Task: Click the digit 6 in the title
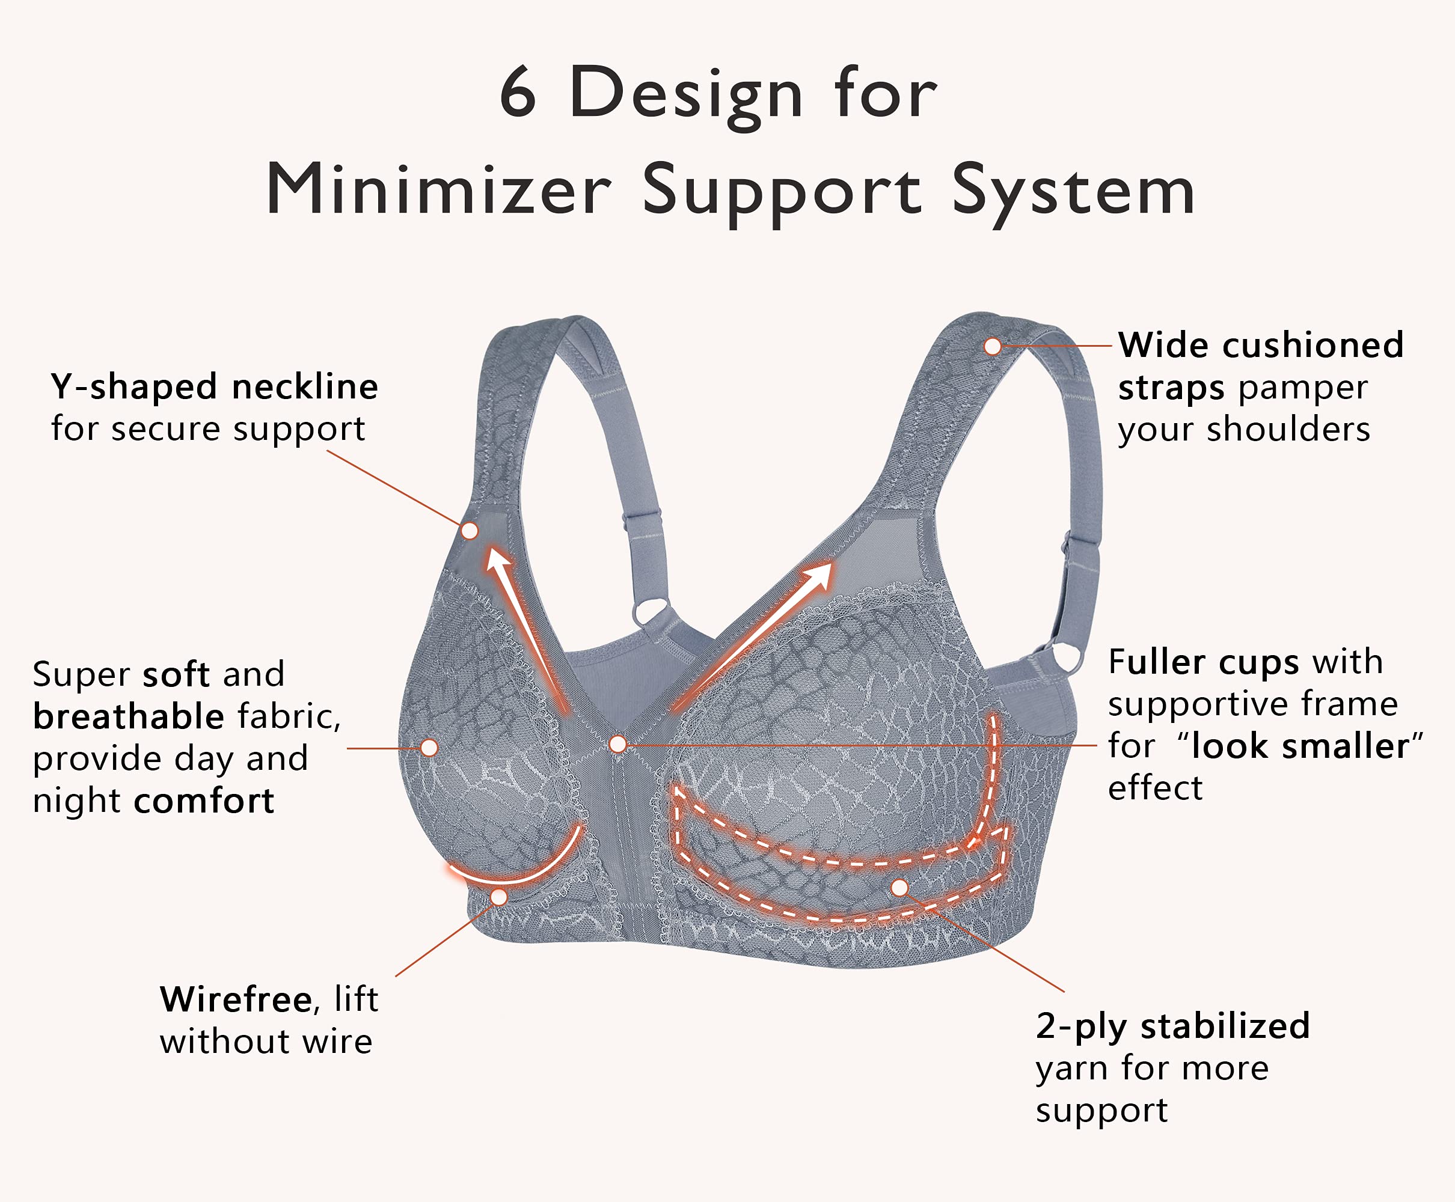pyautogui.click(x=518, y=94)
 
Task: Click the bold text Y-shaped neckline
pyautogui.click(x=214, y=386)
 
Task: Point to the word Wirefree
pyautogui.click(x=236, y=999)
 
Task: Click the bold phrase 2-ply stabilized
pyautogui.click(x=1172, y=1025)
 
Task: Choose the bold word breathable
pyautogui.click(x=128, y=716)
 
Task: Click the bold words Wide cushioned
pyautogui.click(x=1260, y=345)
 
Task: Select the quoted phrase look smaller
pyautogui.click(x=1300, y=746)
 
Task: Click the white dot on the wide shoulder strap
pyautogui.click(x=993, y=346)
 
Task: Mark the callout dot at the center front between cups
pyautogui.click(x=617, y=744)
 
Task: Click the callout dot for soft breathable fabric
pyautogui.click(x=429, y=748)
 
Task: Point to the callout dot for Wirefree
pyautogui.click(x=498, y=897)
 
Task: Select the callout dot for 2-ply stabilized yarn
pyautogui.click(x=899, y=888)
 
